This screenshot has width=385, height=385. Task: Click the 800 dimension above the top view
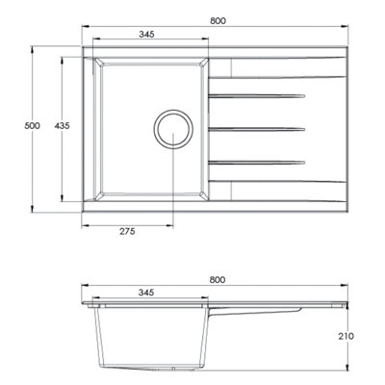point(218,21)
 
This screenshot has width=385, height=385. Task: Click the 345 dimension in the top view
point(146,34)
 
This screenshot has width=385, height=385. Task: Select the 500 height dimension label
point(33,126)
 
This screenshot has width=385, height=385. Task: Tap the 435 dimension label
point(62,126)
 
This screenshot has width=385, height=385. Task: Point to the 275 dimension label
point(127,231)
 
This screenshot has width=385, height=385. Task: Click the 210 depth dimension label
point(346,336)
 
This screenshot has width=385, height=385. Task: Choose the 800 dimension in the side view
point(218,280)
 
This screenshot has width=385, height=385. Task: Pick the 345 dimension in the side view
point(146,293)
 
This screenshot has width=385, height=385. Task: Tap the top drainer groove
point(257,95)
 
